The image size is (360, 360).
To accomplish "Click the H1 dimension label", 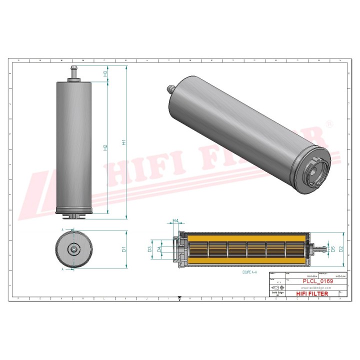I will point(124,142).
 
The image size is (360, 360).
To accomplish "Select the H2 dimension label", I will point(105,147).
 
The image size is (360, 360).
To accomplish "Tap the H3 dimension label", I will point(105,73).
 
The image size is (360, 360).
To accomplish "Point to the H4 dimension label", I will point(175,220).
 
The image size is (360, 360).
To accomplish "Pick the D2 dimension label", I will point(341,248).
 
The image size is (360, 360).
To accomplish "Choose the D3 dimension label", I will point(150,248).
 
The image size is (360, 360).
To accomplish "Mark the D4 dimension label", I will point(159,248).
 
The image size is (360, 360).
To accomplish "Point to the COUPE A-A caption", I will point(248,272).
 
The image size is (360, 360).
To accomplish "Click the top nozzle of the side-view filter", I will point(73,73).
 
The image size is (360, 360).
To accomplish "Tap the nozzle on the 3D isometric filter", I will point(169,89).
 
